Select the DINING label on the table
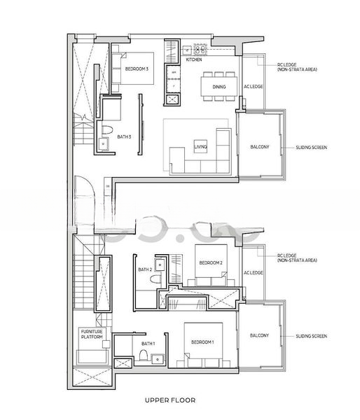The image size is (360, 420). [219, 86]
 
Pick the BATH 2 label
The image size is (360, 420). [144, 269]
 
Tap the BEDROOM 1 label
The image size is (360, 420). [203, 342]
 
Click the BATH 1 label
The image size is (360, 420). [148, 344]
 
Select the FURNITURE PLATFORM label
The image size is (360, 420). [92, 335]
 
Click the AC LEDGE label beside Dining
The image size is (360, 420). [253, 87]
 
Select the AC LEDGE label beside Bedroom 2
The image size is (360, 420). [253, 272]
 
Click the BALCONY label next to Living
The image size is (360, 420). [260, 147]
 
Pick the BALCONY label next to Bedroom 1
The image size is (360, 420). [259, 336]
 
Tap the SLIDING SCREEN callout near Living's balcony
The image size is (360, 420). [312, 148]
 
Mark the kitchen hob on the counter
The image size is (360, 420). [199, 50]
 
